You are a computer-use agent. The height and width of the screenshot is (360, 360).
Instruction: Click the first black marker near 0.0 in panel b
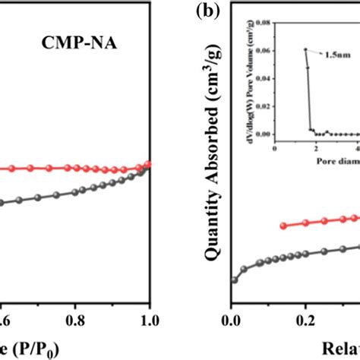coord(233,280)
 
